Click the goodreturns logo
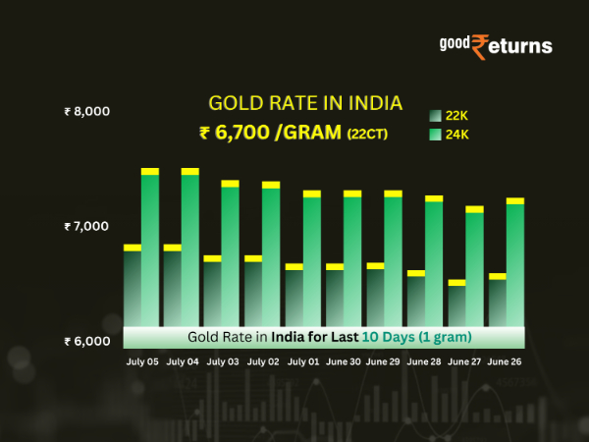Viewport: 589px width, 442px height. click(495, 45)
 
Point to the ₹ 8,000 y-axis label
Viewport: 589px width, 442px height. click(86, 112)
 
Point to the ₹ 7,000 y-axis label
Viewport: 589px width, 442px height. click(86, 227)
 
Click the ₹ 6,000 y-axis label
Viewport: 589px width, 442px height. click(86, 342)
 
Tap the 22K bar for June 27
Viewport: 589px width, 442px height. click(456, 305)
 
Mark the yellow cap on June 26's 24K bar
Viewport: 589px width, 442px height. click(514, 200)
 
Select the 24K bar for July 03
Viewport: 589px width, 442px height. click(231, 256)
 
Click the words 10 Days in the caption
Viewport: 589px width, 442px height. click(386, 337)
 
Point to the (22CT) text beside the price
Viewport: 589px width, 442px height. click(367, 133)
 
